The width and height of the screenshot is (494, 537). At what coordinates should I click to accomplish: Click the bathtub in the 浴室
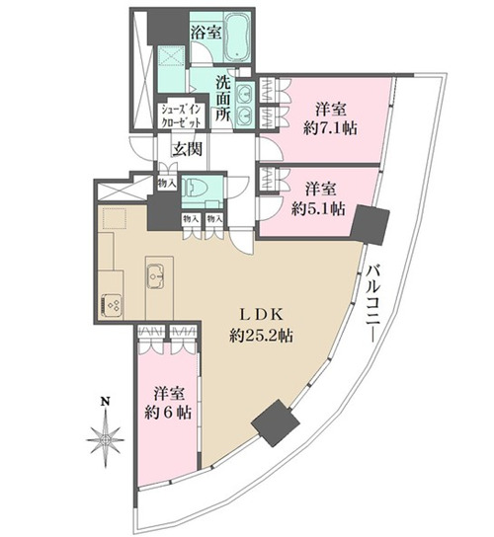coord(238,37)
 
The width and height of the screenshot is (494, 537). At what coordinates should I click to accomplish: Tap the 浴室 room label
coord(206,34)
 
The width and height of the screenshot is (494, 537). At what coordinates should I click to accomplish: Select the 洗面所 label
coord(223,100)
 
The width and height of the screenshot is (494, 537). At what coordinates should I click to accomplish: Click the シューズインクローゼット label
coord(182,115)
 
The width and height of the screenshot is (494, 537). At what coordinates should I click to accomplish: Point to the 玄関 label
coord(187,149)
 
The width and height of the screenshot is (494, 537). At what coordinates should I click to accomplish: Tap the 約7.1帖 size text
coord(330,128)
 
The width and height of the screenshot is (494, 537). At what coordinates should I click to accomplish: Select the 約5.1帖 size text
coord(318,208)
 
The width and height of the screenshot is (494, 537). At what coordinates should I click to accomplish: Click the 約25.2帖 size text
coord(261,337)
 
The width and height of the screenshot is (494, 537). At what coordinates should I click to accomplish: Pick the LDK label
coord(261,315)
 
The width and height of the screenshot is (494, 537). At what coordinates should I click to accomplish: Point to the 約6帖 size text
coord(168,413)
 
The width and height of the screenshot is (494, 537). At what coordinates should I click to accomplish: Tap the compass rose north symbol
coord(105,439)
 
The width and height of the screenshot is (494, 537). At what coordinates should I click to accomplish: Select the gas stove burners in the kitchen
coord(113,304)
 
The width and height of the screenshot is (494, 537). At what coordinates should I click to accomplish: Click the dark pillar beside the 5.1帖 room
coord(370,224)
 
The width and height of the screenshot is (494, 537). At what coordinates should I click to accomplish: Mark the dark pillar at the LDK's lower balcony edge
coord(276,422)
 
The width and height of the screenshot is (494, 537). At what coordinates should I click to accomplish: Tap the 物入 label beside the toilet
coord(167,184)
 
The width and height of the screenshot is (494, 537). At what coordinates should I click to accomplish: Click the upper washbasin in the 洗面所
coord(245,93)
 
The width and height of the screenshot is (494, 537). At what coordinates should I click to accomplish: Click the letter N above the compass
coord(105,402)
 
